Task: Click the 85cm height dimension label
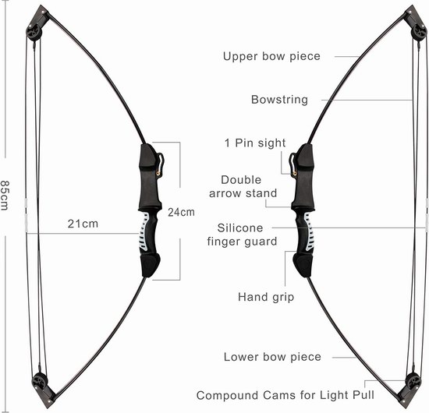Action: [x=5, y=196]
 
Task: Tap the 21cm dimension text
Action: [x=83, y=224]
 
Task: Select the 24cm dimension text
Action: [x=181, y=212]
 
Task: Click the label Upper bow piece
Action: [x=271, y=56]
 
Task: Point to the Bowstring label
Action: [x=279, y=100]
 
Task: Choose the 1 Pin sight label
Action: [x=255, y=143]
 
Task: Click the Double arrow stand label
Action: [x=243, y=186]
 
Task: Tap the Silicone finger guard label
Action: [x=242, y=235]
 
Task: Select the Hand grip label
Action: [x=266, y=297]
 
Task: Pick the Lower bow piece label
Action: [x=272, y=357]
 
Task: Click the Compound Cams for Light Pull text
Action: [x=285, y=395]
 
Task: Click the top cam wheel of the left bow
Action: [x=34, y=32]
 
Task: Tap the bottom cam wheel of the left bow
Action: [x=40, y=381]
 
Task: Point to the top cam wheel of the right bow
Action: [x=419, y=32]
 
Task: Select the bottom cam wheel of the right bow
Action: [x=413, y=381]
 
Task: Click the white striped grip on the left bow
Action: [x=144, y=231]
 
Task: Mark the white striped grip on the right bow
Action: [x=309, y=231]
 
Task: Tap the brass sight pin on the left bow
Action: [x=158, y=172]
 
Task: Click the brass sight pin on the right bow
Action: [x=294, y=173]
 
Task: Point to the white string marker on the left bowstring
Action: [x=26, y=216]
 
